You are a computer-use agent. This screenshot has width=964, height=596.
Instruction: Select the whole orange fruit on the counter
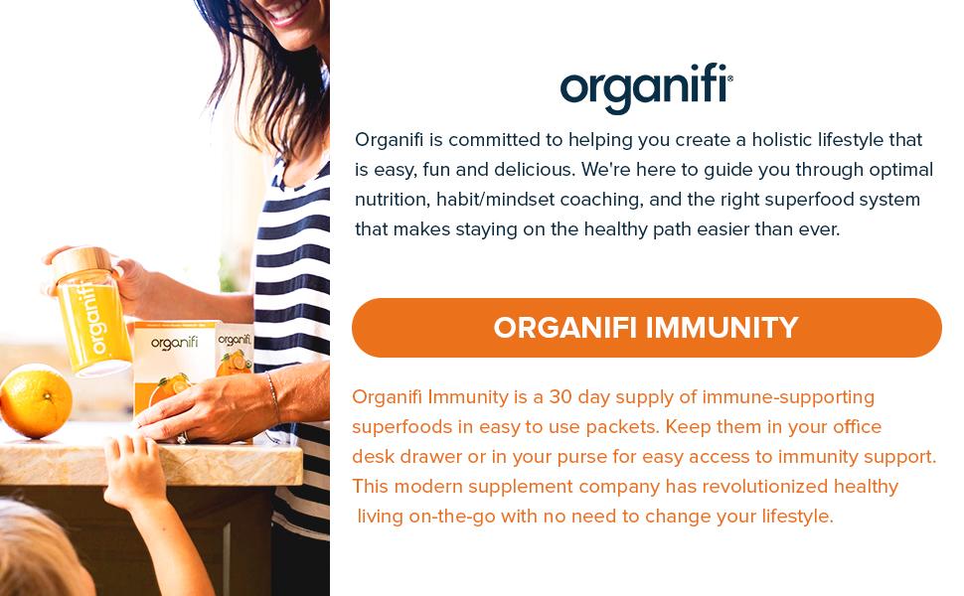(x=35, y=400)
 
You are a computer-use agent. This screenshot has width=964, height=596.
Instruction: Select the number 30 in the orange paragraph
(x=562, y=397)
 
